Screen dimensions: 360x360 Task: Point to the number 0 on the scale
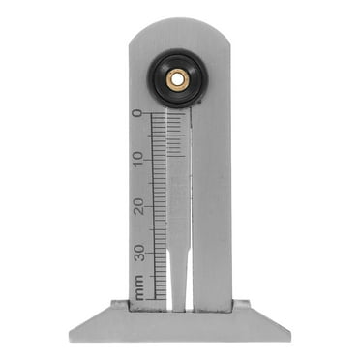pyautogui.click(x=137, y=113)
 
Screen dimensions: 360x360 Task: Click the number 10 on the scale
pyautogui.click(x=137, y=159)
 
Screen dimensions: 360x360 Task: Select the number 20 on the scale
pyautogui.click(x=137, y=206)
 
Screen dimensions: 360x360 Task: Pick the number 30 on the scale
pyautogui.click(x=137, y=253)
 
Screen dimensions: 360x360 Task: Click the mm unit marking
pyautogui.click(x=138, y=286)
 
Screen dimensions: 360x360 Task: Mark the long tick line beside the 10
pyautogui.click(x=158, y=160)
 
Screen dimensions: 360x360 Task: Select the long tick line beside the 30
pyautogui.click(x=158, y=254)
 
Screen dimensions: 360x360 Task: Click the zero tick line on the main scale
pyautogui.click(x=158, y=113)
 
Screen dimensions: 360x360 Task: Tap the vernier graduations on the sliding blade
pyautogui.click(x=175, y=135)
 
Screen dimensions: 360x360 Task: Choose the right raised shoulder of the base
pyautogui.click(x=241, y=306)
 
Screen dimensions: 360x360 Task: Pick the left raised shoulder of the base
pyautogui.click(x=119, y=306)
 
